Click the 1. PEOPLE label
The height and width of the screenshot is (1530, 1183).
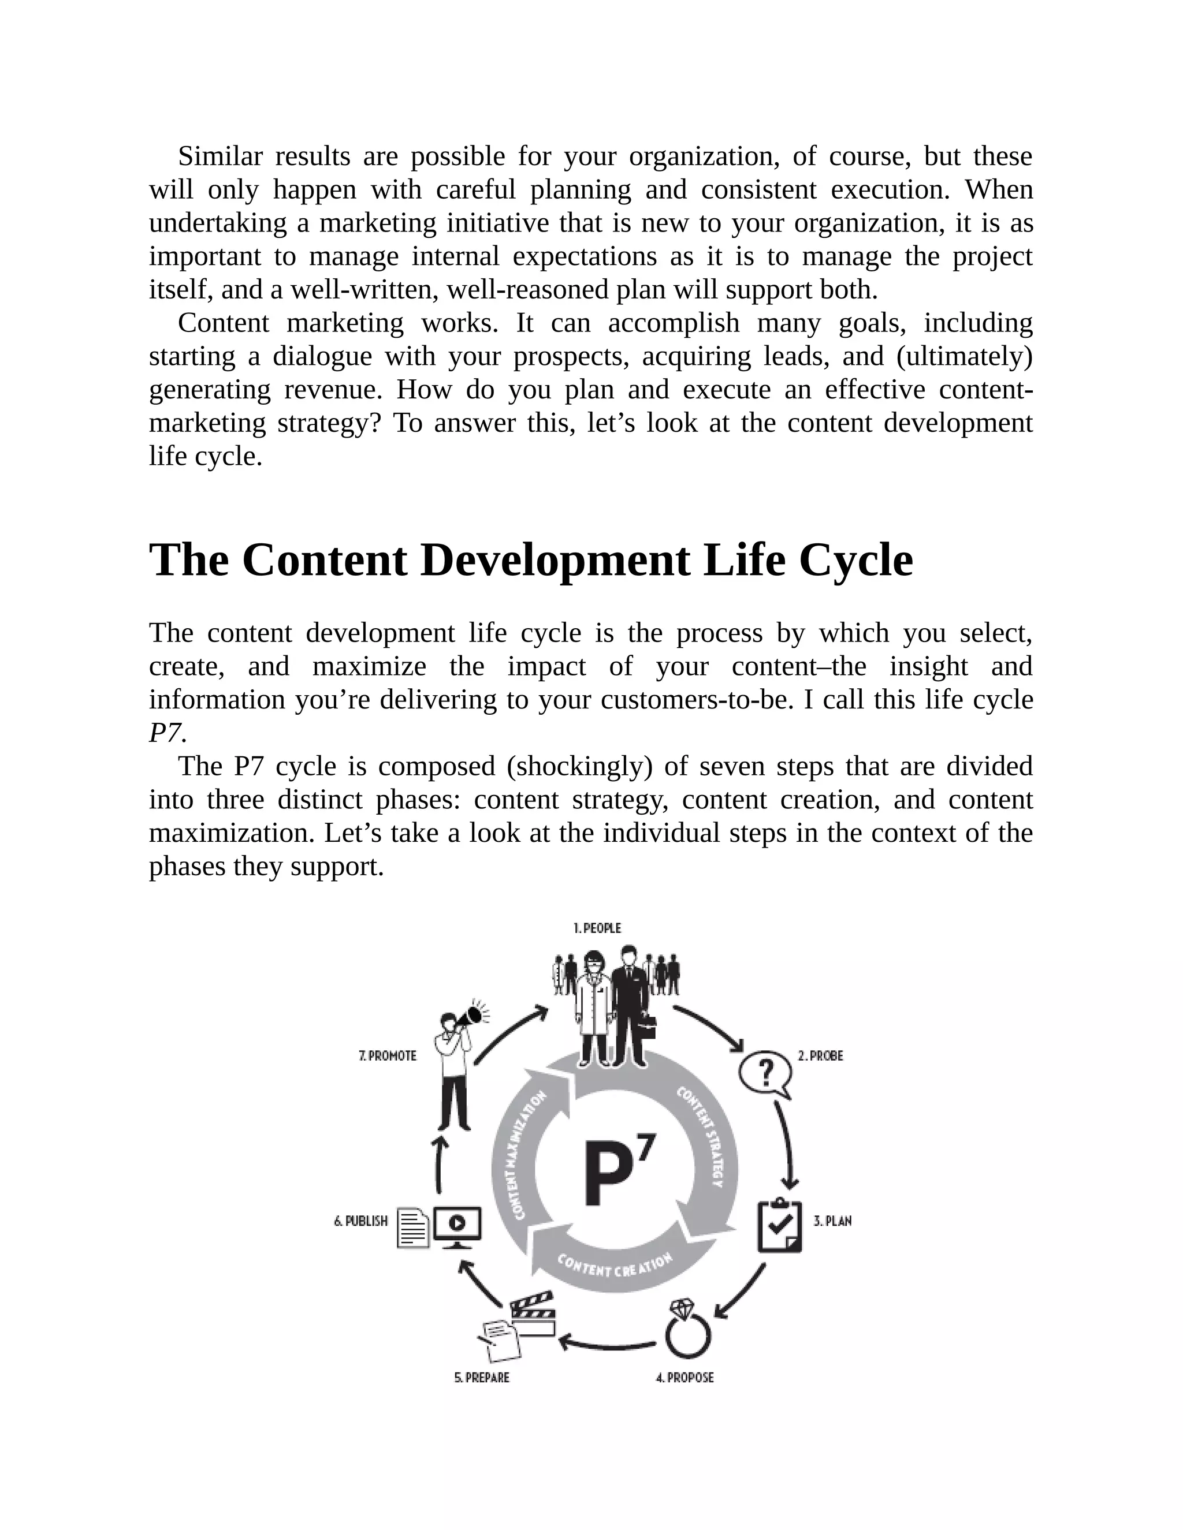pyautogui.click(x=597, y=928)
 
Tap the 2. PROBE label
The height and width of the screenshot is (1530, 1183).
pyautogui.click(x=820, y=1056)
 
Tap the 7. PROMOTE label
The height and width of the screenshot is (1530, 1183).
pyautogui.click(x=388, y=1056)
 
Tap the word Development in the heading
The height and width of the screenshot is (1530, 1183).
pyautogui.click(x=555, y=561)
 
